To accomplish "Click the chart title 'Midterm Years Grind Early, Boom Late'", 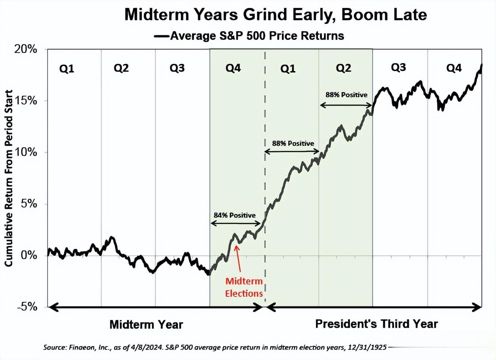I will coord(275,15).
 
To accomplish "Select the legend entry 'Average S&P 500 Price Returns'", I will coord(257,36).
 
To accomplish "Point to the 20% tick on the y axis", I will coord(25,49).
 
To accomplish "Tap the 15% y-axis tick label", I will coord(25,101).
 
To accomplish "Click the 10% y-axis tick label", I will coord(25,152).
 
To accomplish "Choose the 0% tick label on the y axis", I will coord(29,255).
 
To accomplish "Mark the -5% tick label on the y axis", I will coord(27,307).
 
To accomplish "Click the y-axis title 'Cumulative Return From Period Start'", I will coord(9,178).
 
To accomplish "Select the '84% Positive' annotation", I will coord(235,215).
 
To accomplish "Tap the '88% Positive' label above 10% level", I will coord(293,143).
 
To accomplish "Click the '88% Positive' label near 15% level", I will coord(346,95).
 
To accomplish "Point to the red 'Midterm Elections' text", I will coord(244,287).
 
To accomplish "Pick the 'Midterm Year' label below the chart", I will coord(146,324).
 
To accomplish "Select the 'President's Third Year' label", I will coord(377,324).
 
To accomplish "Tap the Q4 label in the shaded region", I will coord(233,68).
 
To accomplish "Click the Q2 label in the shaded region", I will coord(343,68).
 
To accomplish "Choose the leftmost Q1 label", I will coord(67,69).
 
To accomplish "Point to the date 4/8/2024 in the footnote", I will coord(149,347).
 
